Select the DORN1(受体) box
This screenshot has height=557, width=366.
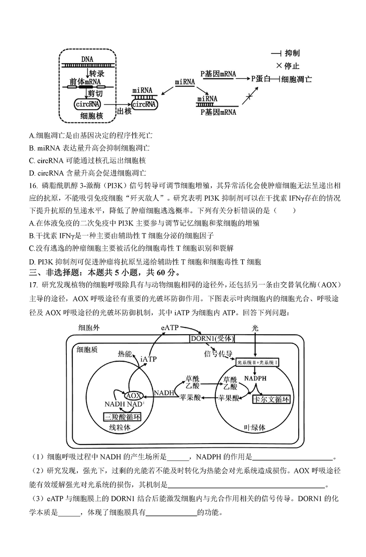click(x=212, y=338)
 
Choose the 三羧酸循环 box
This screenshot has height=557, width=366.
click(x=122, y=417)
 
